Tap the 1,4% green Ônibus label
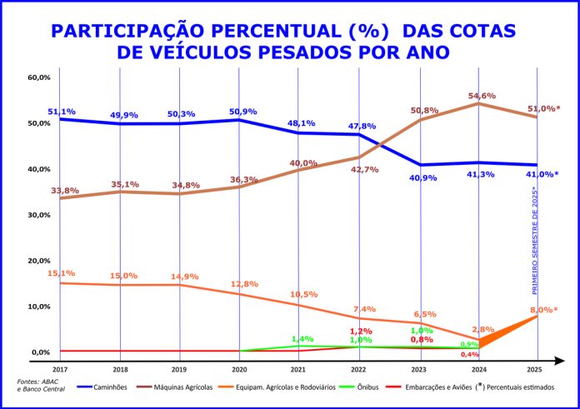pyautogui.click(x=302, y=339)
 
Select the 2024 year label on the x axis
pyautogui.click(x=479, y=368)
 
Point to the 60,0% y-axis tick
pyautogui.click(x=40, y=77)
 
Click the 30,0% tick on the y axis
pyautogui.click(x=40, y=215)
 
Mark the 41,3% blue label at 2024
pyautogui.click(x=479, y=176)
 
